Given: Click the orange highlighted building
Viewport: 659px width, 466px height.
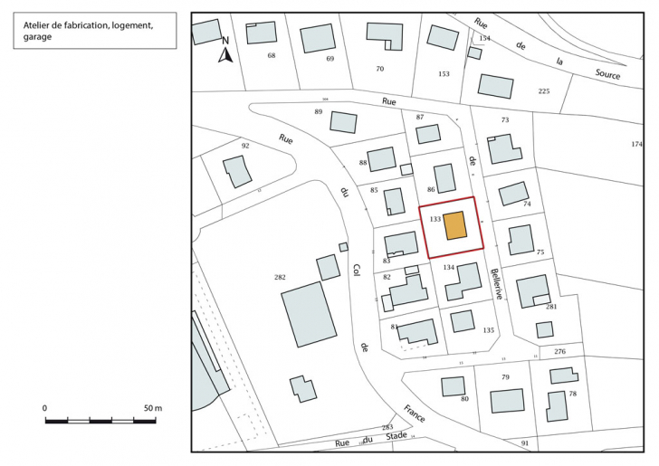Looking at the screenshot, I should click(455, 225).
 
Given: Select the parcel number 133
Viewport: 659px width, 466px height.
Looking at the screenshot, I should click(435, 220).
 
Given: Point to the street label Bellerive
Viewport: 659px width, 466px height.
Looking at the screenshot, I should click(496, 284).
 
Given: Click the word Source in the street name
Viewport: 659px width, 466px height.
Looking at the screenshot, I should click(607, 75).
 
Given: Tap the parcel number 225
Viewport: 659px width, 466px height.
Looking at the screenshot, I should click(543, 91).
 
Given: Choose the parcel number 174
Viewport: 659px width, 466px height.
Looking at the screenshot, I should click(636, 145).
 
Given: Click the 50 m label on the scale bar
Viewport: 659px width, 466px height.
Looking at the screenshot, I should click(152, 409).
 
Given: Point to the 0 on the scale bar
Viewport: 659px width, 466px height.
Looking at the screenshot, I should click(45, 409).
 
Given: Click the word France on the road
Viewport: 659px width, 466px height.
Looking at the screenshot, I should click(415, 414).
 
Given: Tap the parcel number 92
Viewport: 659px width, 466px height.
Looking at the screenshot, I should click(244, 145).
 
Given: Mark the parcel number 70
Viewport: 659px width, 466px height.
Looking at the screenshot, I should click(379, 69).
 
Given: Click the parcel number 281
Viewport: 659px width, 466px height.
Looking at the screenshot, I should click(550, 307).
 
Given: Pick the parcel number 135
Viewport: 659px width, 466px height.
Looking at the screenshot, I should click(489, 330).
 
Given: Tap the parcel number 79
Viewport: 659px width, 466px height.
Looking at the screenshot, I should click(506, 376).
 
